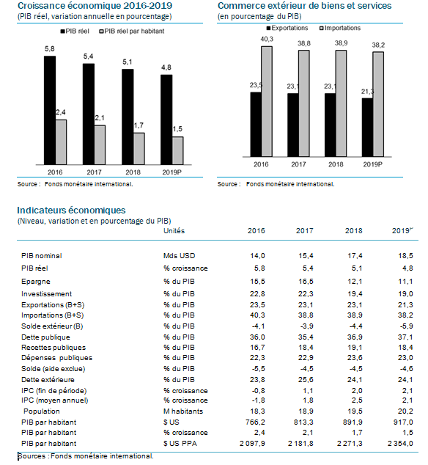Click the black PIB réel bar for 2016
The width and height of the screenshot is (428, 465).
(50, 110)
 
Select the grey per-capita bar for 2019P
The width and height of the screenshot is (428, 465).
(178, 150)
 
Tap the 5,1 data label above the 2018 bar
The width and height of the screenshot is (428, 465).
(128, 62)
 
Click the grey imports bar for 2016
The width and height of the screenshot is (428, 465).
(267, 101)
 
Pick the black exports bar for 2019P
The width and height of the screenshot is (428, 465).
(367, 128)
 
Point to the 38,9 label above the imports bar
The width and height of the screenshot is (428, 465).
(342, 43)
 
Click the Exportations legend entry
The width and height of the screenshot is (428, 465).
(287, 28)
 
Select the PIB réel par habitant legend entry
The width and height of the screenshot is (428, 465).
(132, 31)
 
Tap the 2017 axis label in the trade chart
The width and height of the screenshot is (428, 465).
(298, 164)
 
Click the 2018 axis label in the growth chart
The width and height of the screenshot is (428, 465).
(133, 172)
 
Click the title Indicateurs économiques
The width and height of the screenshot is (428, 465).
(71, 210)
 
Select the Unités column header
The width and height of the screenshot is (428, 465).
(174, 231)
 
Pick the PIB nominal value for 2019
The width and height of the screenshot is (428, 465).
(405, 256)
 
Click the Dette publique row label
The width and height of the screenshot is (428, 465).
(45, 337)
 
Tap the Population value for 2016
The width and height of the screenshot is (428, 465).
(257, 411)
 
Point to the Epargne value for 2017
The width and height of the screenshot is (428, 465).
(306, 282)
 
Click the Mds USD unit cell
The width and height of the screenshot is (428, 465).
(180, 256)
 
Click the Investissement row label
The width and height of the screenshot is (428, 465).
(46, 294)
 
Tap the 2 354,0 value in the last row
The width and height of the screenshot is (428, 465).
(400, 444)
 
